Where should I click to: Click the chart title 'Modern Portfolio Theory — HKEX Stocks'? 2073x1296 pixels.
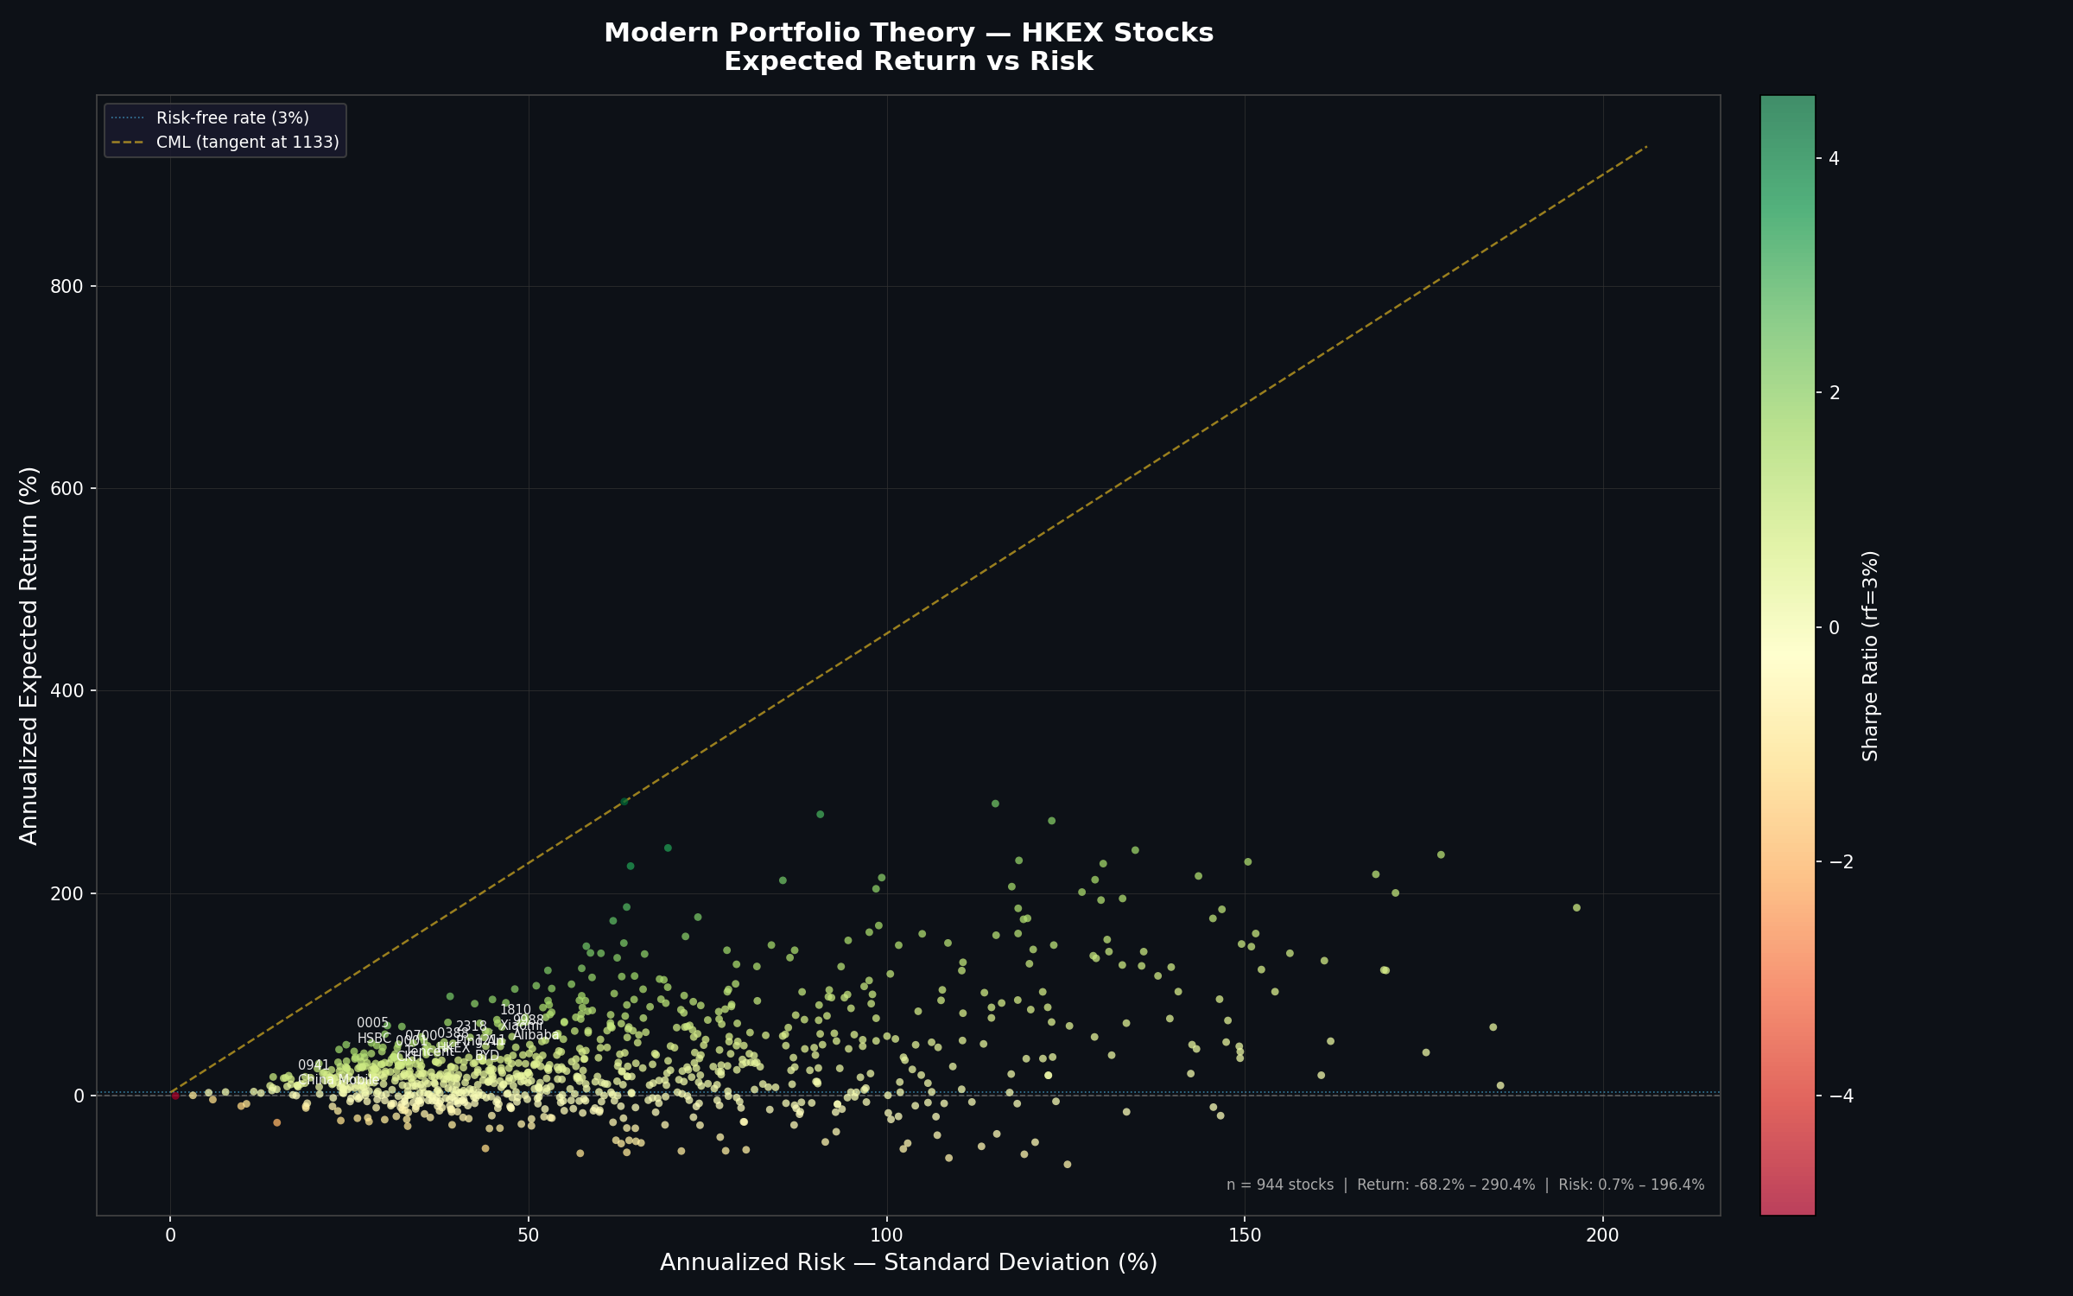tap(908, 33)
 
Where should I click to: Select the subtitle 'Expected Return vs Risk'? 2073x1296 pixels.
tap(908, 62)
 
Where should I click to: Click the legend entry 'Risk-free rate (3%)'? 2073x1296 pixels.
tap(232, 118)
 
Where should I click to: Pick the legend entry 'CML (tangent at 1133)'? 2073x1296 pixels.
tap(247, 143)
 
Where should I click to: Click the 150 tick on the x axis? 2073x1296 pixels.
tap(1244, 1236)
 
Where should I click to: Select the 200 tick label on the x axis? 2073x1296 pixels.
tap(1602, 1236)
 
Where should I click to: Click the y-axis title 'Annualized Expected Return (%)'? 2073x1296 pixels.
tap(29, 656)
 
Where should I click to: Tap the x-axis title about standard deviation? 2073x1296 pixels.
tap(908, 1263)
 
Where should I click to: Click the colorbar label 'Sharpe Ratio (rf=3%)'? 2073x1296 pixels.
tap(1871, 656)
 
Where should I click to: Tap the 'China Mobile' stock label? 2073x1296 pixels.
tap(338, 1080)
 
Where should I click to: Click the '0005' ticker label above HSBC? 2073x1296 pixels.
tap(372, 1023)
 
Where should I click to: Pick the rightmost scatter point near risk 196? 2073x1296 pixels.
tap(1576, 907)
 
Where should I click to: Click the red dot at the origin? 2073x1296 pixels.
tap(175, 1096)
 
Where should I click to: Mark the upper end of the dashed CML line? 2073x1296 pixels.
tap(1646, 147)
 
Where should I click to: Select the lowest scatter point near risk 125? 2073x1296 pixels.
tap(1067, 1165)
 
